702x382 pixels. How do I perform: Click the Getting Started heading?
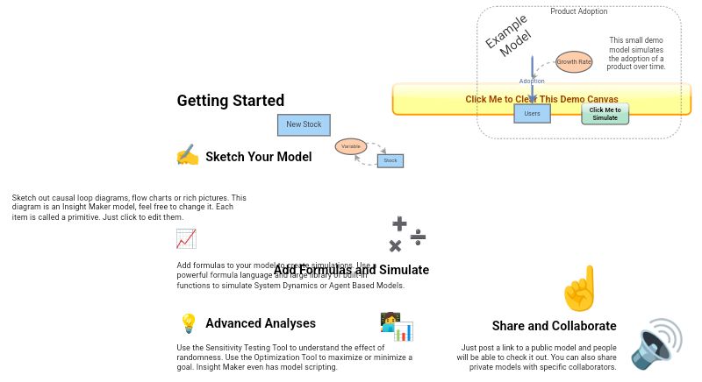point(230,101)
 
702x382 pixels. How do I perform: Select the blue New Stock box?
point(304,124)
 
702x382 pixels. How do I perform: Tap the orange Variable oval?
point(350,146)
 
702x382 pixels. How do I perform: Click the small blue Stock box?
point(390,160)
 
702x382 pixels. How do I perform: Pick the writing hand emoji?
point(187,156)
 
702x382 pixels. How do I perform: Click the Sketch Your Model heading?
point(258,157)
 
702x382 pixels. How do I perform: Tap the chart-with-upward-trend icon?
point(186,238)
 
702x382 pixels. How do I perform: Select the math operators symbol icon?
point(407,235)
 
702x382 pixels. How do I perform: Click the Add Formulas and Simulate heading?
point(351,270)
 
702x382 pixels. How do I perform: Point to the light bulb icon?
point(188,323)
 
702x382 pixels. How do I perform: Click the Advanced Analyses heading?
point(260,323)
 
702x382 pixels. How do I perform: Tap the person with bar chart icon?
point(396,326)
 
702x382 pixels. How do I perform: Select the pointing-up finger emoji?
point(580,288)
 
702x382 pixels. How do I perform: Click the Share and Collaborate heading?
point(554,326)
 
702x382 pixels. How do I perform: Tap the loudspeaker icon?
point(656,343)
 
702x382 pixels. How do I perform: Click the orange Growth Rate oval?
point(574,62)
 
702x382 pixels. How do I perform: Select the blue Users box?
point(532,113)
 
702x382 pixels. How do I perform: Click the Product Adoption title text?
point(578,11)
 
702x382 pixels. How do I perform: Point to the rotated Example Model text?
point(508,36)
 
